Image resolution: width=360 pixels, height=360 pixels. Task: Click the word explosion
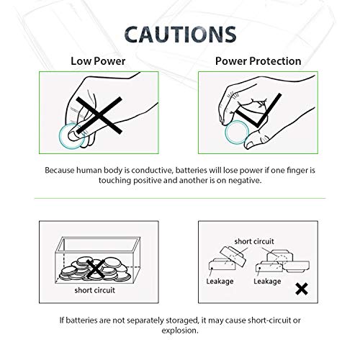click(x=179, y=333)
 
